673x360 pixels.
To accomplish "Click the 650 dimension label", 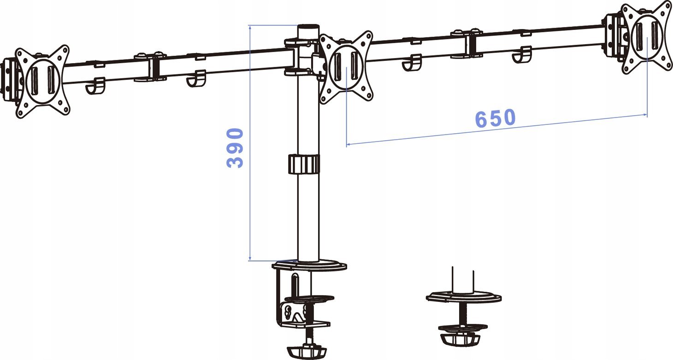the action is (496, 118).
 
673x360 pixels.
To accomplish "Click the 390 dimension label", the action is (235, 148).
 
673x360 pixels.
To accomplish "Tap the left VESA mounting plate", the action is (43, 82).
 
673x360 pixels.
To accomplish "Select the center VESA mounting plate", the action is (346, 67).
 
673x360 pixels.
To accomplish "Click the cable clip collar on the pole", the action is (304, 164).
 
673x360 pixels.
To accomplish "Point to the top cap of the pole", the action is (308, 27).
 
